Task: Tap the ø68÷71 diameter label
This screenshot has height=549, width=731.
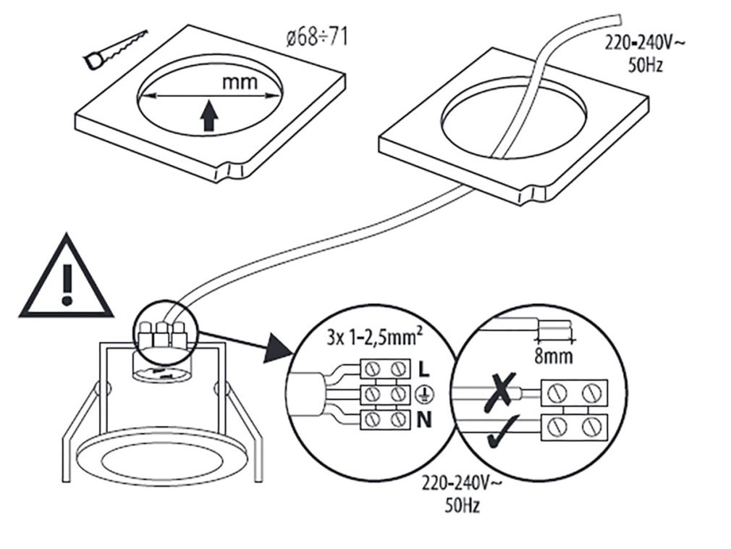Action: pos(316,37)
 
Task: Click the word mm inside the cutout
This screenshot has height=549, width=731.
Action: pos(240,82)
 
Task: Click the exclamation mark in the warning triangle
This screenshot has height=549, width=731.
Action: pos(67,282)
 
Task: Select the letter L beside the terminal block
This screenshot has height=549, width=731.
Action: pos(424,369)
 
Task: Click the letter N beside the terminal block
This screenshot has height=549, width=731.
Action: pos(425,419)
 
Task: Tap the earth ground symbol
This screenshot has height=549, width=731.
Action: pos(426,394)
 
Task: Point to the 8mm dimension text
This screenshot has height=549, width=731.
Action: pos(552,356)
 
